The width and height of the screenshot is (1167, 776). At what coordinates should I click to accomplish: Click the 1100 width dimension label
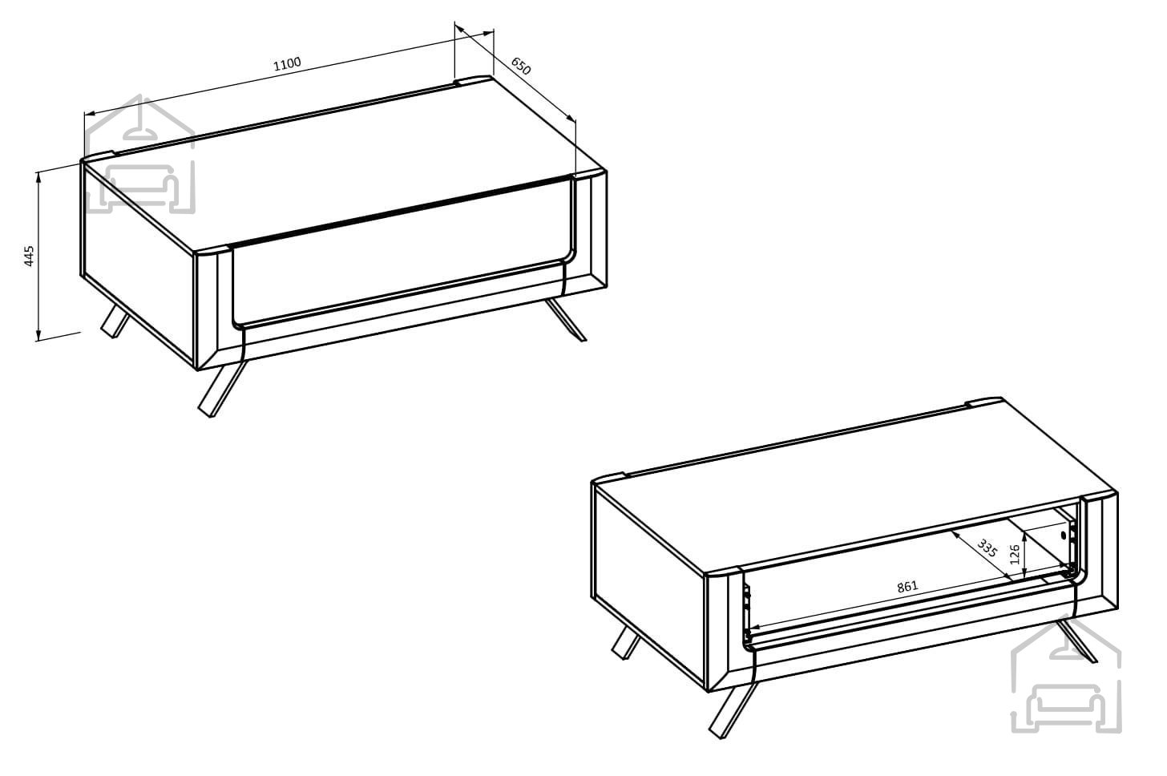[287, 63]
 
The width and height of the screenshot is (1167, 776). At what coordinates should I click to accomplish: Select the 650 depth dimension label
[520, 67]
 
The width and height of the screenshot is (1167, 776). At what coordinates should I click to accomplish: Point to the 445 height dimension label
[29, 256]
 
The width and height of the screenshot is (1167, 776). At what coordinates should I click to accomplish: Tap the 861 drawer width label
[907, 587]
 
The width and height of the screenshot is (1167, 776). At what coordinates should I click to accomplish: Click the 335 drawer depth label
[986, 548]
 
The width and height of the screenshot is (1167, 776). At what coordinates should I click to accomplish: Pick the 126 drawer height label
[1014, 554]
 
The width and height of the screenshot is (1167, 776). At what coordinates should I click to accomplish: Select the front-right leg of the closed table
[566, 320]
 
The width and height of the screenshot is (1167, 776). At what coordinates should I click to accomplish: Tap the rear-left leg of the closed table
[115, 321]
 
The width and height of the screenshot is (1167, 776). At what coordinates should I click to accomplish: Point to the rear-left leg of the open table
[626, 643]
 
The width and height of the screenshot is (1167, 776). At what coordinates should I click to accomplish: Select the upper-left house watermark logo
[139, 154]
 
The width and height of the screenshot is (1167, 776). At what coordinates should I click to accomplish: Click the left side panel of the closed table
[138, 265]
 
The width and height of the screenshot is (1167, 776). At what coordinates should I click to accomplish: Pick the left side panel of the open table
[648, 586]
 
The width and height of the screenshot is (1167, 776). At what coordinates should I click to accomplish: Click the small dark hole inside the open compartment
[1064, 535]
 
